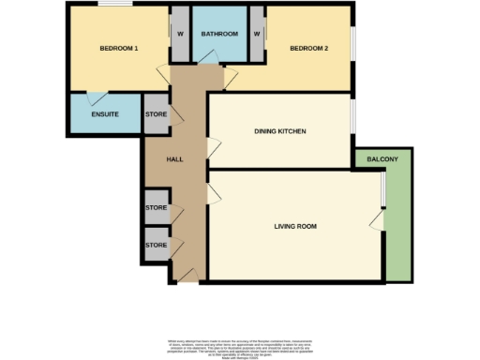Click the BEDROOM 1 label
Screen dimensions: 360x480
[119, 48]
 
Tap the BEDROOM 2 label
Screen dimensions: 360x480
[307, 48]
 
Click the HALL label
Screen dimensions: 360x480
[173, 159]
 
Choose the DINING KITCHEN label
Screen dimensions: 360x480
[280, 131]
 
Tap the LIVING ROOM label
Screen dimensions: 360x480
[295, 226]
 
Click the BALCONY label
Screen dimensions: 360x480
[382, 159]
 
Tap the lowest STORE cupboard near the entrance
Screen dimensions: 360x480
[156, 245]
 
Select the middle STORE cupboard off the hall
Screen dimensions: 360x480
[156, 208]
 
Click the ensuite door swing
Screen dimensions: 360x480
[93, 97]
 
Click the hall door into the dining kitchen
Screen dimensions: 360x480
[213, 145]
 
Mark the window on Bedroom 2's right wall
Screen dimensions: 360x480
[353, 47]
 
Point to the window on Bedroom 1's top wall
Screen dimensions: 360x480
[116, 6]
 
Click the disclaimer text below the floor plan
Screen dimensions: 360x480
[240, 344]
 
